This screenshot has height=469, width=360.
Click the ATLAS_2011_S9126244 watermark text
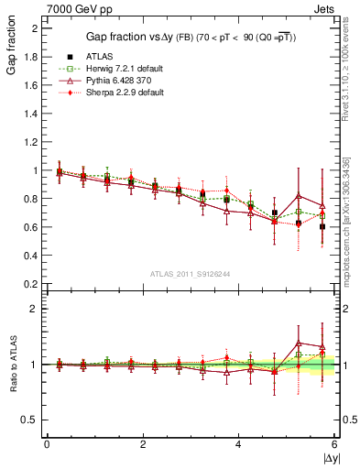[191, 274]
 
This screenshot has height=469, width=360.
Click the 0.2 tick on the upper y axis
[33, 284]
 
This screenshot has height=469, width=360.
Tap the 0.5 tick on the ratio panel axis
[33, 420]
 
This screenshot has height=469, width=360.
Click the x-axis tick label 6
[334, 444]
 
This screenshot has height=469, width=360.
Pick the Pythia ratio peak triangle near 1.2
[299, 343]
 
